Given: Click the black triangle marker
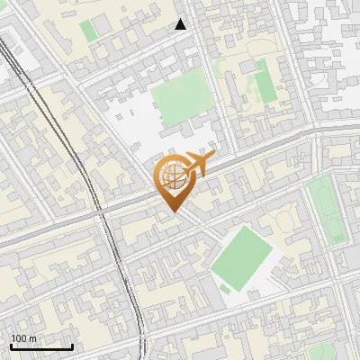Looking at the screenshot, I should point(181,24).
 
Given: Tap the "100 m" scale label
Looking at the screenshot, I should point(24,338).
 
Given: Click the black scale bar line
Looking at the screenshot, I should point(41,346).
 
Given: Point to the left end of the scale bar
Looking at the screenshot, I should point(11,346).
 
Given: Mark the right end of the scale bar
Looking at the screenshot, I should point(72,346).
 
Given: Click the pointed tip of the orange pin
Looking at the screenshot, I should point(172,212).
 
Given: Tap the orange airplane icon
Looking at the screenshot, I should point(197,165).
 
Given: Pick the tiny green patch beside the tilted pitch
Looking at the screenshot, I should point(224,289).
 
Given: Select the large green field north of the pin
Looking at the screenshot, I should point(183,100).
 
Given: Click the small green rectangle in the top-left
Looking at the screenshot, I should point(88,30).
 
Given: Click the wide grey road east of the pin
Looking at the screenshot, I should point(261,152).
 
